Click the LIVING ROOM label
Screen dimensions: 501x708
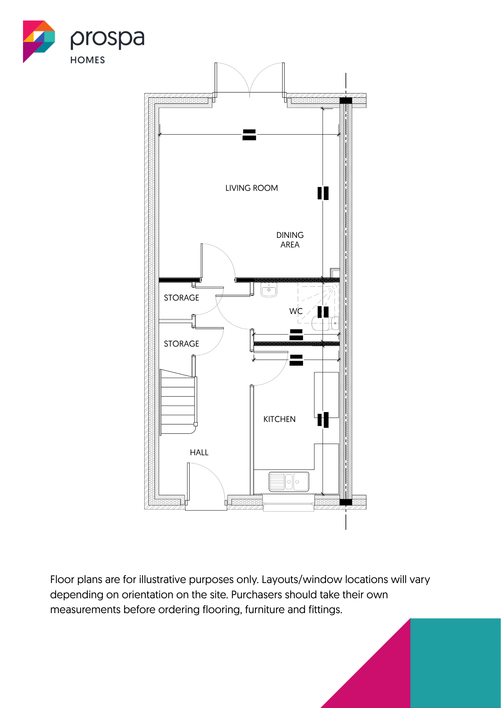point(252,188)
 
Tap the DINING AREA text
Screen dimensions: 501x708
point(290,240)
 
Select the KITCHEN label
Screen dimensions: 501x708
point(279,419)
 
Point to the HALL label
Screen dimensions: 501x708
point(199,452)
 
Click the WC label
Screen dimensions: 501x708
point(296,311)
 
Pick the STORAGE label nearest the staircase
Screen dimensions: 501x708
point(181,344)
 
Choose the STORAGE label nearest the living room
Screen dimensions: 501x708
point(181,298)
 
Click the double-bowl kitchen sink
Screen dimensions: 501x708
point(289,482)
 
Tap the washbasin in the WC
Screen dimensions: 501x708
point(269,290)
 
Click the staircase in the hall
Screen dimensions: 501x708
point(178,402)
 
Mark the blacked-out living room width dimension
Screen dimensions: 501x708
point(249,135)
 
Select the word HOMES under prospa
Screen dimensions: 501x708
point(88,60)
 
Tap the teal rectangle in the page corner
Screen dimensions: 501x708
point(456,663)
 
